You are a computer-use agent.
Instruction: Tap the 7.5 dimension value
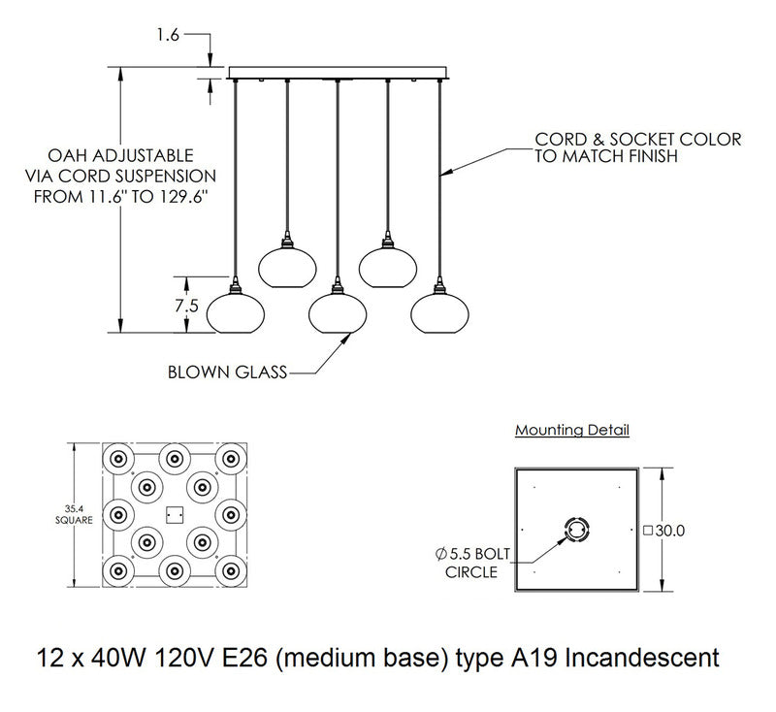(x=186, y=305)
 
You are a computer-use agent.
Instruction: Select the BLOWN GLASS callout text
(x=227, y=372)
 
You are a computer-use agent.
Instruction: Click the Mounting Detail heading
(x=571, y=429)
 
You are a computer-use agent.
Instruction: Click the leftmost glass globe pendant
(x=235, y=310)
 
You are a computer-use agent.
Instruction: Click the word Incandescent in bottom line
(x=644, y=658)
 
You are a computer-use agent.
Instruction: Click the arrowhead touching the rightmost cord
(x=444, y=175)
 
